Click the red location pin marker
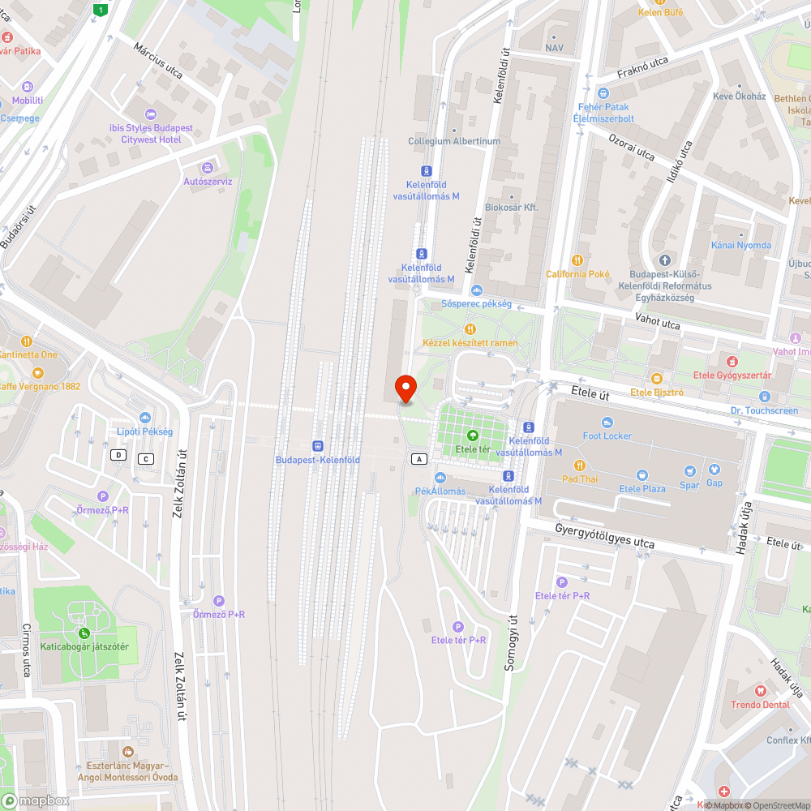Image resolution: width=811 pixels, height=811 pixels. [x=404, y=388]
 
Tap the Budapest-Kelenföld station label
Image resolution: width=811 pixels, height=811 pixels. [x=317, y=460]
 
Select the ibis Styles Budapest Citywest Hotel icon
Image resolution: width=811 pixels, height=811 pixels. [x=151, y=114]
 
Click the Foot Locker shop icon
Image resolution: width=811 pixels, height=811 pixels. [x=607, y=423]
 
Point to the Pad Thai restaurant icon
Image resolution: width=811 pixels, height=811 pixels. [x=579, y=465]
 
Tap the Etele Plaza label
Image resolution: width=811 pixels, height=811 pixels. [x=642, y=488]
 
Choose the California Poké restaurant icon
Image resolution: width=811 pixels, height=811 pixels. [x=577, y=260]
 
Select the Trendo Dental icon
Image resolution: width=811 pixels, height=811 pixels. [x=760, y=691]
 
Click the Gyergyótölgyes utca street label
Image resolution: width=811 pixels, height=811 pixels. [x=604, y=535]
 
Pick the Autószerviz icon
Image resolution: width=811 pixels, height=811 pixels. [x=208, y=167]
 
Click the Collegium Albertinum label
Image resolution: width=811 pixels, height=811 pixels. [x=454, y=141]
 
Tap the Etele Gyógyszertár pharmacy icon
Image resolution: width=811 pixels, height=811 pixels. [x=732, y=361]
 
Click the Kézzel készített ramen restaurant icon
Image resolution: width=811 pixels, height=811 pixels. [x=470, y=328]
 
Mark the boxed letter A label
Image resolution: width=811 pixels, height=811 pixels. [x=418, y=459]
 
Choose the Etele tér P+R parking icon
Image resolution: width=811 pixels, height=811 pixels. [x=457, y=626]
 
